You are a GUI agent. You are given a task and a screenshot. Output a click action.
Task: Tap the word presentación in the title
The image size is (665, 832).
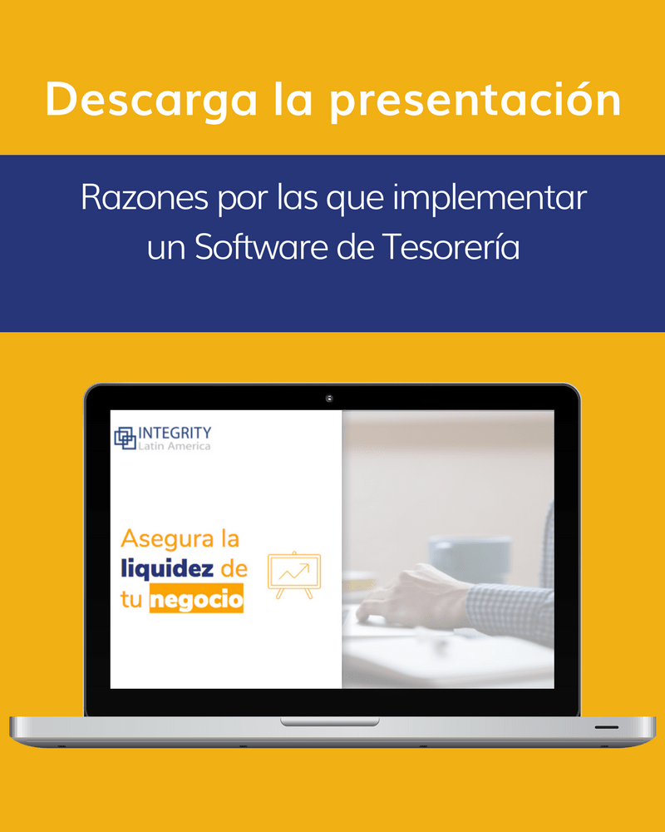(475, 99)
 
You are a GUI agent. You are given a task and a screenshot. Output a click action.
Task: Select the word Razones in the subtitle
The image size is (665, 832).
(145, 197)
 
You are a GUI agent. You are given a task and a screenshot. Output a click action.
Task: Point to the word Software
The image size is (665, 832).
(263, 247)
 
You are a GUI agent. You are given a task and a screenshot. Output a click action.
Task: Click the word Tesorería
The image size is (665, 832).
(451, 247)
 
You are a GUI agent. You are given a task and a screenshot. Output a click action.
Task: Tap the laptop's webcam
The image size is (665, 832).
(329, 398)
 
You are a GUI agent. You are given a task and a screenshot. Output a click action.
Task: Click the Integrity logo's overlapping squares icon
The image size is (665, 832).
(126, 438)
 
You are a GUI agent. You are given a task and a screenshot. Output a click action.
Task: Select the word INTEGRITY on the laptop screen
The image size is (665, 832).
(175, 433)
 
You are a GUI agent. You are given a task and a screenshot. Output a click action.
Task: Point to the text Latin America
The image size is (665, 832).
(175, 446)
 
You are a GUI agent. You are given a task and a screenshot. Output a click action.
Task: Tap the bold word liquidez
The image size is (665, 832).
(167, 569)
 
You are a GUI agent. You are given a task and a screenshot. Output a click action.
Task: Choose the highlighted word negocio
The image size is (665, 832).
(196, 599)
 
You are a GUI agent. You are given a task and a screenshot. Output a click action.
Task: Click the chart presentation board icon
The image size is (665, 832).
(294, 575)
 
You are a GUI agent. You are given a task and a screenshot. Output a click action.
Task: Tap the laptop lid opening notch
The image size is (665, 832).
(330, 721)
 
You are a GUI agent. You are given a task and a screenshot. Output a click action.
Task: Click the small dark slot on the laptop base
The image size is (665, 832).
(606, 727)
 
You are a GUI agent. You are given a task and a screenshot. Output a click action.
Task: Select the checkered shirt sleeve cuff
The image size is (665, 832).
(509, 610)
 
